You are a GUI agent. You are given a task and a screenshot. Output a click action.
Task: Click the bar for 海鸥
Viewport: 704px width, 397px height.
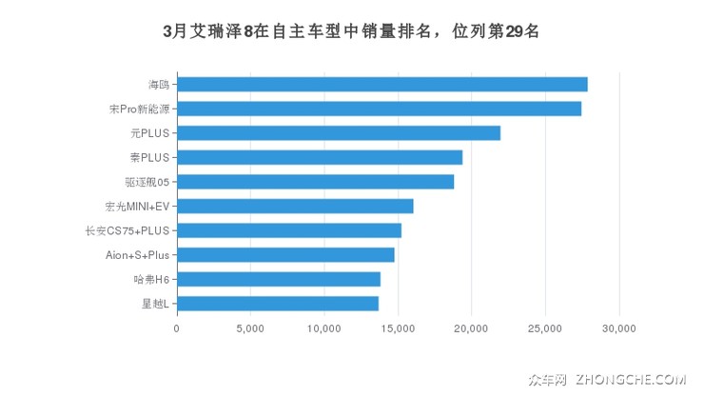click(381, 85)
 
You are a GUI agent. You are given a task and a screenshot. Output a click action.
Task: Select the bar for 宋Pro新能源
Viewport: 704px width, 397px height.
click(379, 109)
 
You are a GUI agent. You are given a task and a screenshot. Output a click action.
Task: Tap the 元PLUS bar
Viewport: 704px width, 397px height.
click(338, 133)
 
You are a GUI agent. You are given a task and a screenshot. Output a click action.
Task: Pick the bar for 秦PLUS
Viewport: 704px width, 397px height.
click(319, 157)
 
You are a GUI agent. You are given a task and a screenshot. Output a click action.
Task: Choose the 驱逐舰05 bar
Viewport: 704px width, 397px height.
click(315, 182)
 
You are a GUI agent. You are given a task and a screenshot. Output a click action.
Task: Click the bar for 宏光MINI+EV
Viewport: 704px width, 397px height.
click(295, 206)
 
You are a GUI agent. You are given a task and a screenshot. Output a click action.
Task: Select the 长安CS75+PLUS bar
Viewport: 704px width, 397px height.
click(288, 230)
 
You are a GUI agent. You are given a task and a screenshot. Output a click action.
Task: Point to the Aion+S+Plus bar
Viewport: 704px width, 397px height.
click(285, 254)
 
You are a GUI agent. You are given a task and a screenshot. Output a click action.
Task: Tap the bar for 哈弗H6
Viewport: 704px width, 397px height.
click(278, 279)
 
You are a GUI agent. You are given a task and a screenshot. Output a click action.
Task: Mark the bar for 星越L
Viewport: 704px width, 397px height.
click(277, 303)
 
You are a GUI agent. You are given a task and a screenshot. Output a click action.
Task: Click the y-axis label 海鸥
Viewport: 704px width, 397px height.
click(159, 85)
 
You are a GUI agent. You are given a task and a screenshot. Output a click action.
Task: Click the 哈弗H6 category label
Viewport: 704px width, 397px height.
click(151, 279)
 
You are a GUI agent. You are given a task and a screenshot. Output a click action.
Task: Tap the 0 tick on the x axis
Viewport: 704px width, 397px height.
click(177, 328)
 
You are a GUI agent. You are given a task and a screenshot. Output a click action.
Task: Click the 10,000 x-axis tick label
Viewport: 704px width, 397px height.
click(324, 328)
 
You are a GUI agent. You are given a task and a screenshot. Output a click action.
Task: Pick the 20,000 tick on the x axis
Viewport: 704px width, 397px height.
click(472, 328)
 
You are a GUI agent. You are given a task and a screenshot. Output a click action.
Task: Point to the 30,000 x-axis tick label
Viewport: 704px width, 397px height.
click(619, 328)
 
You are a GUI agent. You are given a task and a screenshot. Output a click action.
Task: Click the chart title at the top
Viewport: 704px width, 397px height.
click(351, 30)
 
